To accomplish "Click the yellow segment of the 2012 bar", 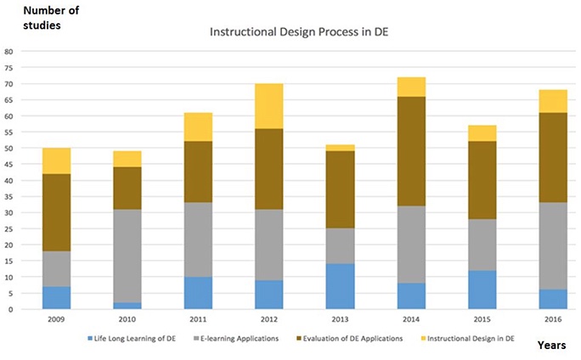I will pos(270,105).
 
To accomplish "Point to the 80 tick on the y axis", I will pos(9,51).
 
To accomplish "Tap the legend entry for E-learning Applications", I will pos(241,339).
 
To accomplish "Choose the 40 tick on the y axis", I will pos(9,180).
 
